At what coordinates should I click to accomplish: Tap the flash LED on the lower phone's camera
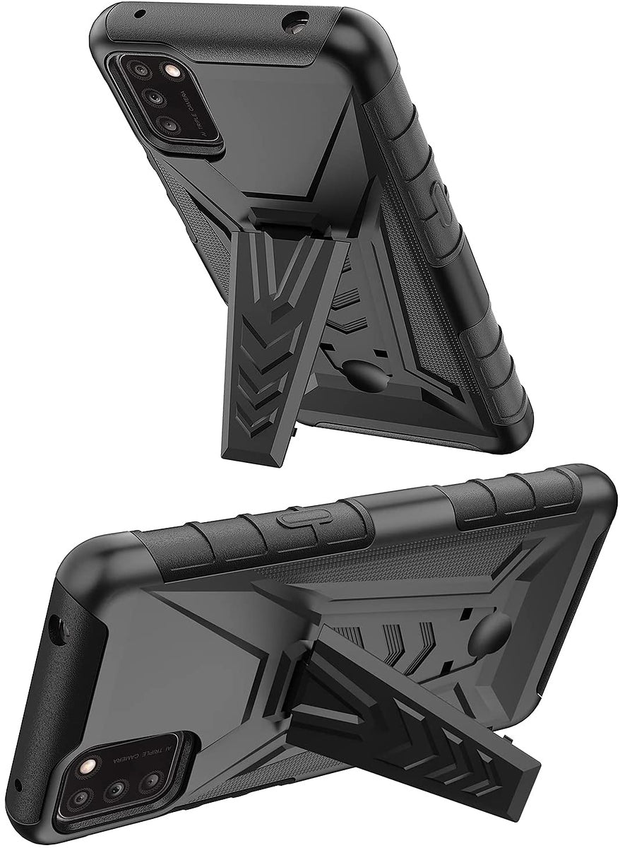[x=90, y=766]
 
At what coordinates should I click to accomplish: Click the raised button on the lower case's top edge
[x=297, y=520]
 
